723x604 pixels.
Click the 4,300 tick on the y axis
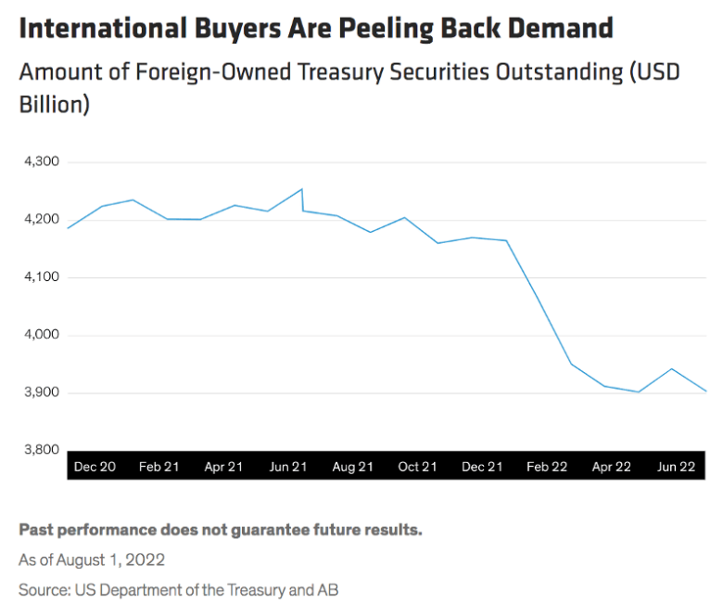(x=38, y=161)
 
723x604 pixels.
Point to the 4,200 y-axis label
(x=38, y=220)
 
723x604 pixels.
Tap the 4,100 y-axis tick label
(x=38, y=277)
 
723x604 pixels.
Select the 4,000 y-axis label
(x=38, y=335)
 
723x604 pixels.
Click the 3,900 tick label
(x=38, y=392)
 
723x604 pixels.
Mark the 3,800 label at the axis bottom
(x=38, y=450)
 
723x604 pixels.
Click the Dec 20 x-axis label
(x=95, y=467)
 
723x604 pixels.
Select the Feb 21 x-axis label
(x=159, y=467)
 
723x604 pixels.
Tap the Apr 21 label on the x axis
(x=223, y=467)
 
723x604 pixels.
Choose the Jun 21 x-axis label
(x=287, y=467)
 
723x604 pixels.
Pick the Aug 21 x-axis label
(x=352, y=467)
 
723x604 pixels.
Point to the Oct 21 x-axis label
(x=417, y=467)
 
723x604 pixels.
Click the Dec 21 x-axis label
(x=482, y=467)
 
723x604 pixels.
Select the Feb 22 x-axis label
(x=547, y=467)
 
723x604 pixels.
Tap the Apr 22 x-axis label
(x=612, y=467)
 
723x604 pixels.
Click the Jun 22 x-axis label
(x=676, y=467)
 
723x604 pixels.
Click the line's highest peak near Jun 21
(x=301, y=189)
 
